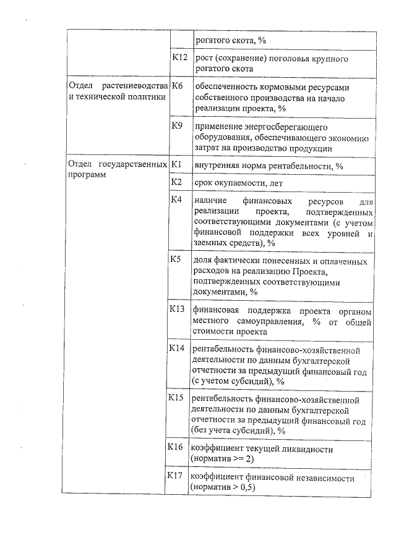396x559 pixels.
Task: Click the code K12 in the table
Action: click(x=179, y=59)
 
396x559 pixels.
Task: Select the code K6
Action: click(x=178, y=86)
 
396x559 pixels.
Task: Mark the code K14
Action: click(x=178, y=348)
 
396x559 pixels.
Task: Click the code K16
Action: click(x=177, y=447)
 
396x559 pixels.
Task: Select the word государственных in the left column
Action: click(x=136, y=165)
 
